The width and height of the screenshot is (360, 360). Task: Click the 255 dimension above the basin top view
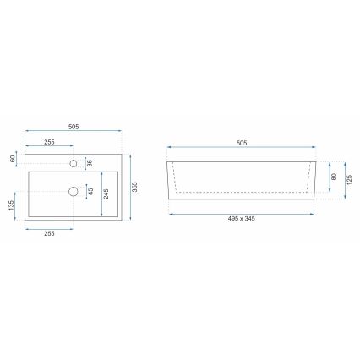pos(49,143)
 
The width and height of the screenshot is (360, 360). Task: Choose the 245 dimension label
pos(106,194)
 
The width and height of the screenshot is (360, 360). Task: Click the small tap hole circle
pos(74,162)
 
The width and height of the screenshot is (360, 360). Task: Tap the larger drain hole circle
pos(74,192)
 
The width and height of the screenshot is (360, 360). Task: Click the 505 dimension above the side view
pos(242,144)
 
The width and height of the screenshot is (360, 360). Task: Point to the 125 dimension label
pos(349,181)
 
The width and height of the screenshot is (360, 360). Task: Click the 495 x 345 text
pos(241,220)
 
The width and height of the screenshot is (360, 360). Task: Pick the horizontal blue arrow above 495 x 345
pos(242,213)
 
